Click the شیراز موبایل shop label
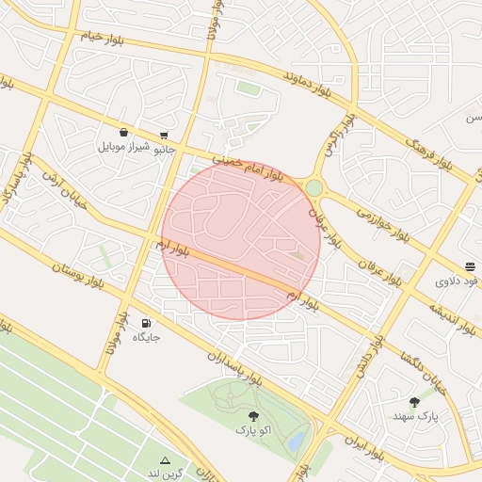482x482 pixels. pos(123,148)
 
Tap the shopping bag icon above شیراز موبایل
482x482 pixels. pos(124,133)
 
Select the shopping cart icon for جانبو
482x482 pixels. pos(165,135)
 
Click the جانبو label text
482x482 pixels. pos(165,148)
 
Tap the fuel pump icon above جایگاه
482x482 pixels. pos(145,322)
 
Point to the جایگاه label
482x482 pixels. pos(146,336)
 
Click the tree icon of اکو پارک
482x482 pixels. pos(252,415)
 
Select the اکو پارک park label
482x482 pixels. pos(253,429)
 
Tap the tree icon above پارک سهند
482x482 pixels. pos(414,401)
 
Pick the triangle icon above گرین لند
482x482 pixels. pos(166,459)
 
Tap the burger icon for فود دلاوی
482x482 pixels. pos(470,266)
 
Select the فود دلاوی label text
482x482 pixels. pos(458,281)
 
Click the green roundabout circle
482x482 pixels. pos(313,188)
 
